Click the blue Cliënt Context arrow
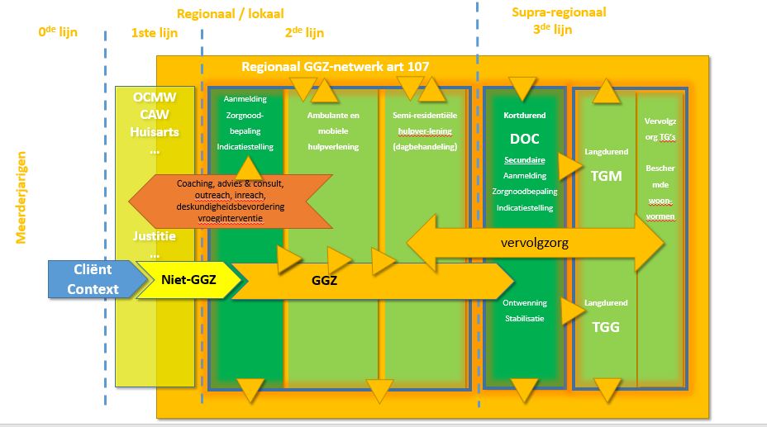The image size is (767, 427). click(x=93, y=279)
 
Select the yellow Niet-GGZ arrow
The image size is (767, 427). click(x=188, y=280)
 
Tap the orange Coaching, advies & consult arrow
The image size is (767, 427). click(x=231, y=201)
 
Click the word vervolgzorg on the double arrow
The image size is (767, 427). click(x=536, y=243)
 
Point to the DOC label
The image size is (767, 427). click(x=524, y=139)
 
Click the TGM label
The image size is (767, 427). click(x=606, y=176)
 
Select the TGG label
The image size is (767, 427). click(x=606, y=326)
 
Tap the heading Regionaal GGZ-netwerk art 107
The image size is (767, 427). click(x=335, y=66)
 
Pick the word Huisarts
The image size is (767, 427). click(x=155, y=132)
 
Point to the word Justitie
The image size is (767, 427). click(x=154, y=236)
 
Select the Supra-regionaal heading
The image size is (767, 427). click(x=559, y=12)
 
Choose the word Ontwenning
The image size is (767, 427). click(x=524, y=303)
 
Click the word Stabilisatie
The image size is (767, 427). click(x=524, y=319)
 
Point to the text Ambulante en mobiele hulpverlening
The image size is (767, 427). click(x=333, y=130)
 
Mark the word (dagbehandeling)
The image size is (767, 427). click(x=426, y=146)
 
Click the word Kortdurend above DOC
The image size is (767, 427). click(x=524, y=116)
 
